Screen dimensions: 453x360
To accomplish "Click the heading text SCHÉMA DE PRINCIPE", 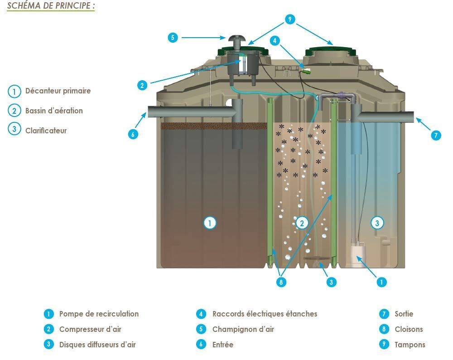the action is (x=48, y=5).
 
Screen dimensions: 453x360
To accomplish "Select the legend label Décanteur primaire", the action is (x=58, y=91).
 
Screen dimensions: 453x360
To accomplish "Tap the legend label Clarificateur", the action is (x=46, y=131).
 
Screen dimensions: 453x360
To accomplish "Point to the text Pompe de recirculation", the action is (x=99, y=314).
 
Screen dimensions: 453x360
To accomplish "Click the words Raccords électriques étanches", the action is (x=265, y=314).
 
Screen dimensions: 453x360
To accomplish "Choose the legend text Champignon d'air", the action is (x=243, y=329).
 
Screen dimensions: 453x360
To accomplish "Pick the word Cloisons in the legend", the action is (x=409, y=329).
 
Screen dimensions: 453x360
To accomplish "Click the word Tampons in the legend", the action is (x=410, y=345).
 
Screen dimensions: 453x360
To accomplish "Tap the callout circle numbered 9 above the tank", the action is (x=290, y=19).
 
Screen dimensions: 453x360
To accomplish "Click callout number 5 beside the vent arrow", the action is (x=173, y=37).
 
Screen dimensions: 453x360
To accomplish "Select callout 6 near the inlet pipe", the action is (x=133, y=134).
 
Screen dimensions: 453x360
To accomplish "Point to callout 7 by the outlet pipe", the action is (x=436, y=135).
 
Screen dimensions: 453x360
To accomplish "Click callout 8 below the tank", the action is (x=281, y=282).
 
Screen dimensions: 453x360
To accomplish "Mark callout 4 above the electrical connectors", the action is (x=275, y=40).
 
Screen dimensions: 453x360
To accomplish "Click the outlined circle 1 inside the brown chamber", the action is (x=210, y=223).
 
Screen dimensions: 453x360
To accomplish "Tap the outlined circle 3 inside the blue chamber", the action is (x=377, y=223).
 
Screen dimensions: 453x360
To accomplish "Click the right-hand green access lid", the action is (x=332, y=52).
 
